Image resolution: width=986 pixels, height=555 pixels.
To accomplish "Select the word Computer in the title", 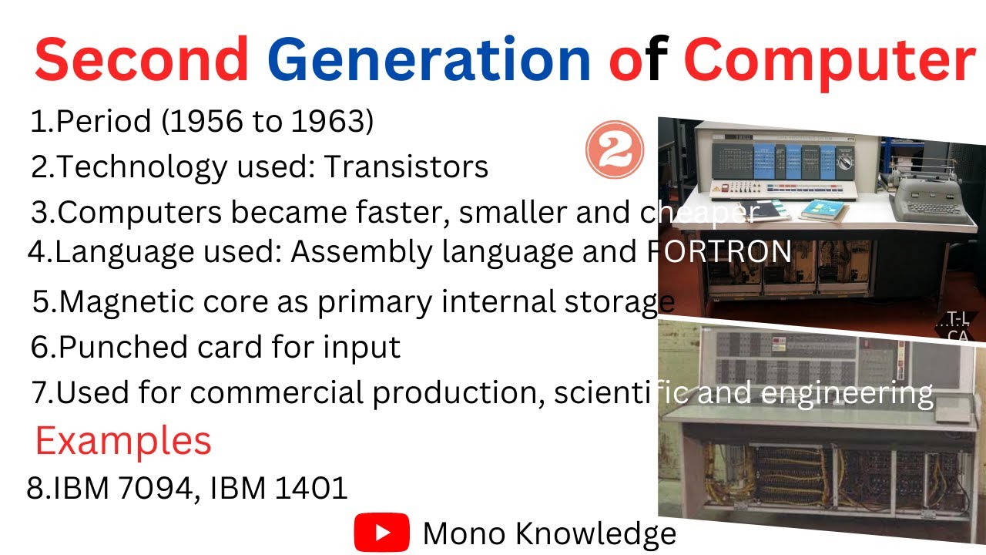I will pyautogui.click(x=830, y=62).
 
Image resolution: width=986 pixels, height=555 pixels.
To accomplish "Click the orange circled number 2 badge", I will pyautogui.click(x=615, y=150).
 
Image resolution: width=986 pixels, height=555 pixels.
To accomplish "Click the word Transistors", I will pyautogui.click(x=406, y=167).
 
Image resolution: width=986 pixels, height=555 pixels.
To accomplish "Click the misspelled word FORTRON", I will pyautogui.click(x=716, y=251).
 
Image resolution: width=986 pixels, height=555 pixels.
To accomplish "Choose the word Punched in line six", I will pyautogui.click(x=109, y=347).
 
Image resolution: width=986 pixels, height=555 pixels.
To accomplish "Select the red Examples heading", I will pyautogui.click(x=123, y=441).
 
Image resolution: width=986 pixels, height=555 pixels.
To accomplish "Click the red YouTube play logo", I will pyautogui.click(x=381, y=533).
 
